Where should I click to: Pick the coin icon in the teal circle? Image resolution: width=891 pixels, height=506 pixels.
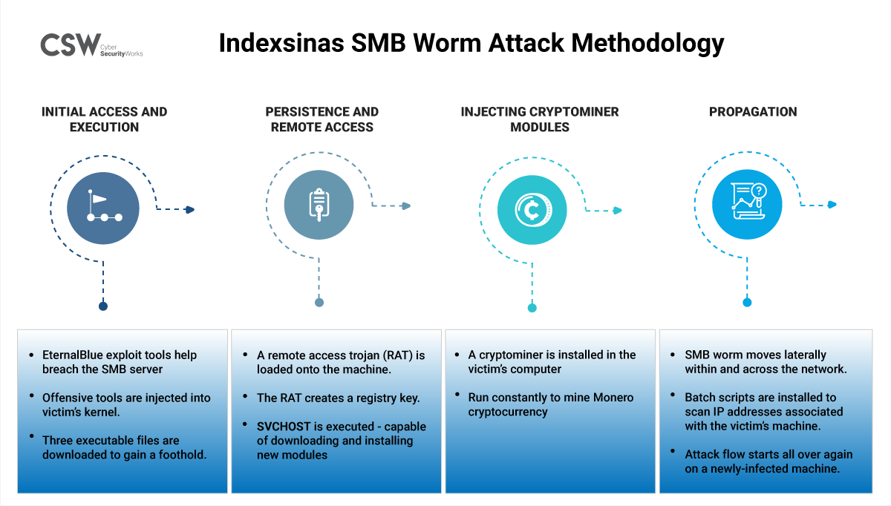[532, 210]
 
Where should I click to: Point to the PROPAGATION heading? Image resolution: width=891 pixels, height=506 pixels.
[753, 112]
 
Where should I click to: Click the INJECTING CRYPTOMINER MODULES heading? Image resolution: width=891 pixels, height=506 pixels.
[540, 119]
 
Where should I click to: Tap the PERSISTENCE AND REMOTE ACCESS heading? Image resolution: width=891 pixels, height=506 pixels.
[322, 119]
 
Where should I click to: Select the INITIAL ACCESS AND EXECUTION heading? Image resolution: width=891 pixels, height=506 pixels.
[105, 119]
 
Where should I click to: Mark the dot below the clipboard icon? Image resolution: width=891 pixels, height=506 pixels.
[319, 302]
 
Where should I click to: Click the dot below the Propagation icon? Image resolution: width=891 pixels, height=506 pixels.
[747, 302]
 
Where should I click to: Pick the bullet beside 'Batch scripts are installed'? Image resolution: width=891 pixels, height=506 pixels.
[672, 398]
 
